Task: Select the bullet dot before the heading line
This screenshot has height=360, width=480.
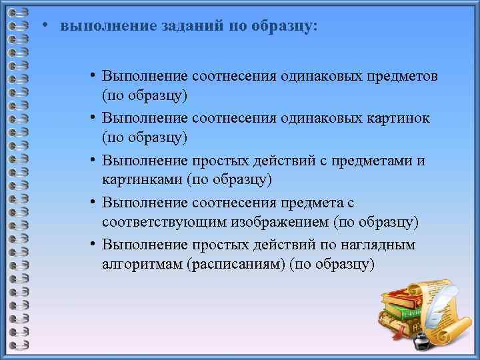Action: [x=43, y=26]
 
